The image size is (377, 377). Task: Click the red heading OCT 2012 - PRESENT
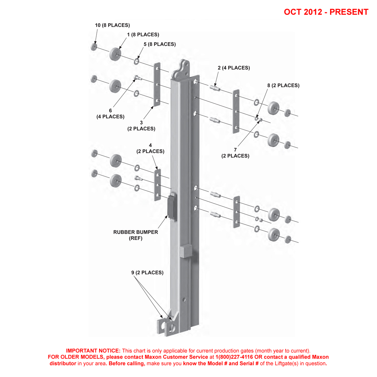(x=326, y=12)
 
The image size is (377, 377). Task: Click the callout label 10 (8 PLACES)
(x=112, y=25)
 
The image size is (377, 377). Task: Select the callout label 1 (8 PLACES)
(x=143, y=35)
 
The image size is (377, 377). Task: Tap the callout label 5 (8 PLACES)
(x=160, y=44)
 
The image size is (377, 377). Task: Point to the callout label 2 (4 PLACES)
(x=234, y=68)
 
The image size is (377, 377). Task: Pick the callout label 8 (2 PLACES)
(x=283, y=86)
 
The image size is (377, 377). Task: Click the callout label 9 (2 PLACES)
(x=147, y=273)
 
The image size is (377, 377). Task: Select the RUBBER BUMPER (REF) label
(x=136, y=235)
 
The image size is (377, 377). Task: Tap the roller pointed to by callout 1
(x=115, y=54)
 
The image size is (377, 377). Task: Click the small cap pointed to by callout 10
(x=94, y=47)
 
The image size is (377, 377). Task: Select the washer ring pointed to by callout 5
(x=137, y=61)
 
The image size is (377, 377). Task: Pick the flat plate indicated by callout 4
(x=157, y=185)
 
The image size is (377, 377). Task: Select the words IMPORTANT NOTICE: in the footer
(x=93, y=351)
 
